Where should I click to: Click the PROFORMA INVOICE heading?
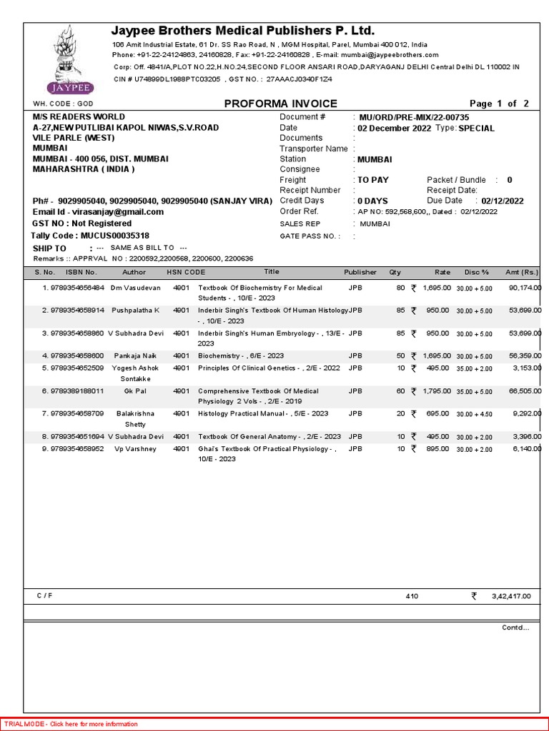280,104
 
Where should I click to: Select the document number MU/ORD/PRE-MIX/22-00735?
413,117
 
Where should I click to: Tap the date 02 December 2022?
394,128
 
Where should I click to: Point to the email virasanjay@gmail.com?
117,212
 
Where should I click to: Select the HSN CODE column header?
186,272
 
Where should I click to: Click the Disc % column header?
476,272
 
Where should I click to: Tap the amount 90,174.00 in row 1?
524,288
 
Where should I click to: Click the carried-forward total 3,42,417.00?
510,596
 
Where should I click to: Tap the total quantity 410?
412,596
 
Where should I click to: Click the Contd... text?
515,627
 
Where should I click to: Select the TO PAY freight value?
373,180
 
